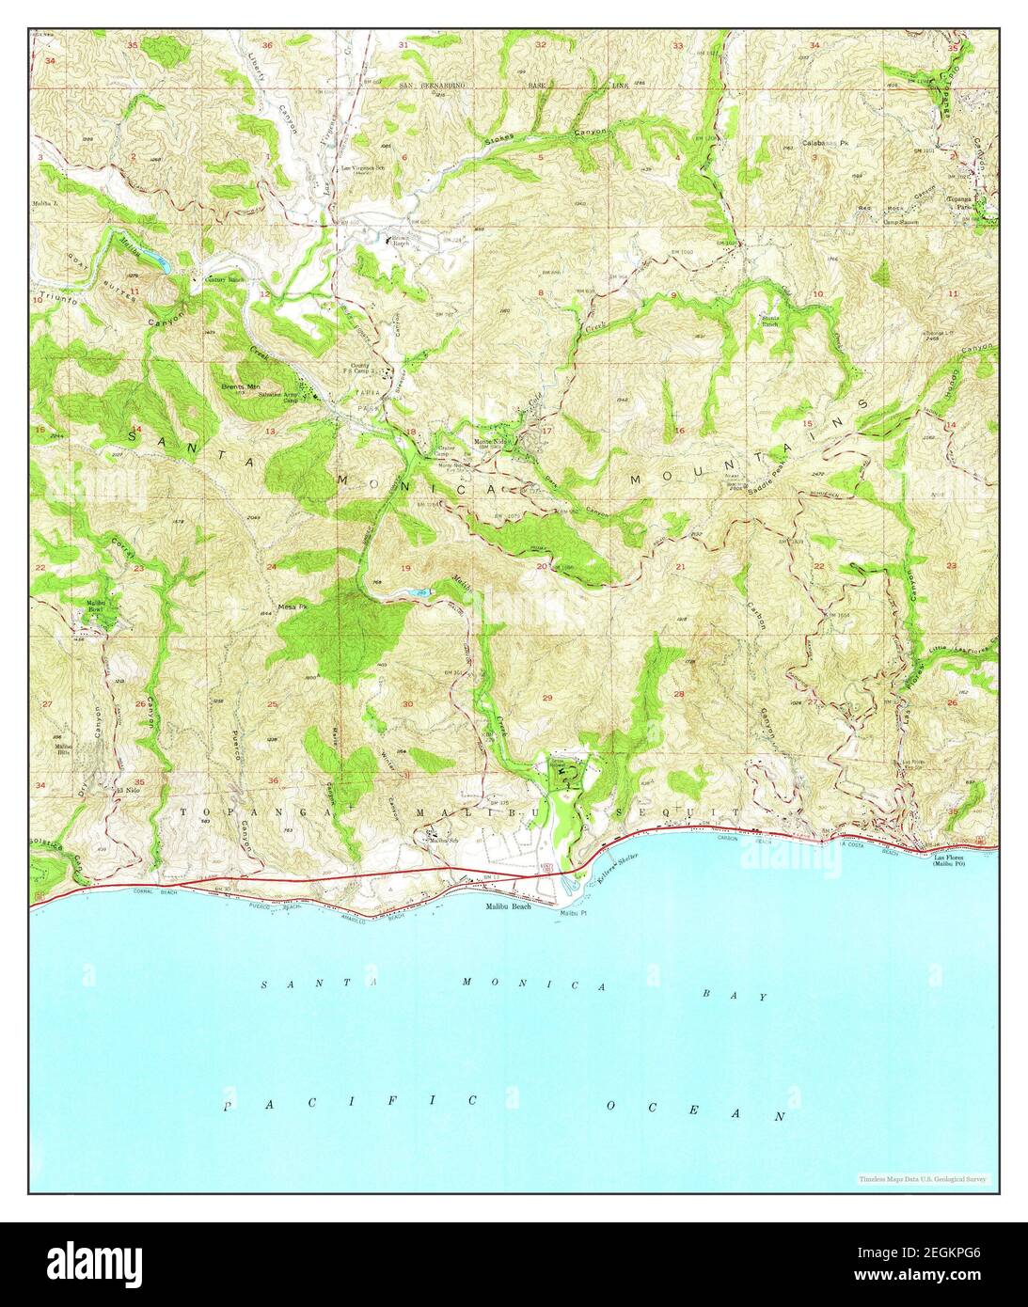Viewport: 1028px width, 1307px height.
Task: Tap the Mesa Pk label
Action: tap(293, 606)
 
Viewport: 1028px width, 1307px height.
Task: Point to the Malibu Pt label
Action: tap(573, 912)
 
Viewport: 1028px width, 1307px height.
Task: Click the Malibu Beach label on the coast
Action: tap(508, 905)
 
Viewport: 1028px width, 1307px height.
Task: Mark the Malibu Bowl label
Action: tap(96, 605)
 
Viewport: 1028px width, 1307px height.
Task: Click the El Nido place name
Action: tap(120, 791)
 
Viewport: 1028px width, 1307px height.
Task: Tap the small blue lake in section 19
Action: tap(421, 592)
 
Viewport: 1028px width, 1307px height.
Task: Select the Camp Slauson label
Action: tap(874, 222)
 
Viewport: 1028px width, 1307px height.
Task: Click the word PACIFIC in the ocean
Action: tap(351, 1102)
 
